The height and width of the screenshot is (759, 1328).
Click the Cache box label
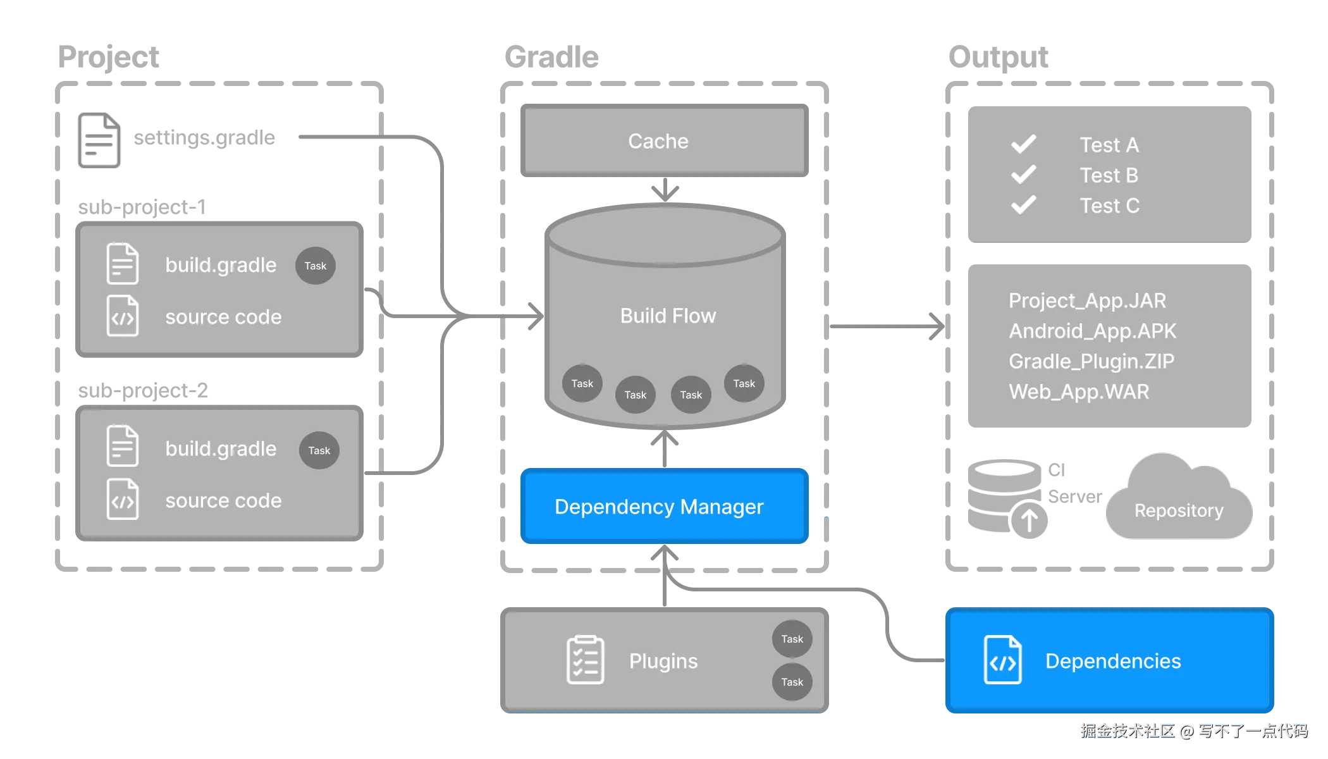[x=658, y=141]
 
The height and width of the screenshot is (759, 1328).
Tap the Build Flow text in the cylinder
[x=668, y=316]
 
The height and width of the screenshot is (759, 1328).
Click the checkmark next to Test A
[x=1023, y=144]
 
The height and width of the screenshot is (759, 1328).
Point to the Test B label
[x=1109, y=175]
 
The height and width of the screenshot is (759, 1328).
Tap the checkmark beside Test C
[x=1023, y=205]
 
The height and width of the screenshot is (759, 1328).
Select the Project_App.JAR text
[x=1087, y=300]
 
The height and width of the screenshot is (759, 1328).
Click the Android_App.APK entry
[x=1092, y=331]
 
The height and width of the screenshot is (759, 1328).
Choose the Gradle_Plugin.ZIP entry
[x=1091, y=361]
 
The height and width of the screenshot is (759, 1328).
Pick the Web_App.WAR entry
[x=1079, y=392]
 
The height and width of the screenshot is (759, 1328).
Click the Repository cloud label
[x=1178, y=510]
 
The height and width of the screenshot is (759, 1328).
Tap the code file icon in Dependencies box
[x=1002, y=660]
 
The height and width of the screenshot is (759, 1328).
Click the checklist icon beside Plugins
[x=585, y=660]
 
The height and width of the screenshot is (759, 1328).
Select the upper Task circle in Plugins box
[x=792, y=639]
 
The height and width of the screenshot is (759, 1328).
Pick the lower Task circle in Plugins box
[x=792, y=682]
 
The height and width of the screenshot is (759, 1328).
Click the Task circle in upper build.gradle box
[x=315, y=266]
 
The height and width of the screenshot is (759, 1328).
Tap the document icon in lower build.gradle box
[x=123, y=446]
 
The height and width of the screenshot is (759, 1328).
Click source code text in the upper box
[x=223, y=317]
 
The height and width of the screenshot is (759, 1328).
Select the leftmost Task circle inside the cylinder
[x=582, y=383]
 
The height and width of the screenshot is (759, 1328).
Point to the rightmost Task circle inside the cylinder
[x=744, y=383]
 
